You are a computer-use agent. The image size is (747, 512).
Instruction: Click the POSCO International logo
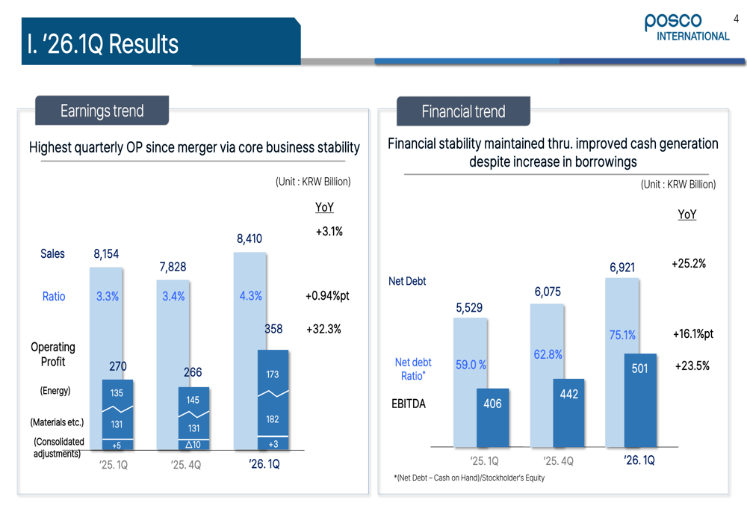click(x=686, y=28)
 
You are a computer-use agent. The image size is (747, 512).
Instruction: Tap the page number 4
click(x=737, y=19)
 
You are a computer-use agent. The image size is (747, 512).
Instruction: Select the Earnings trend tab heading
click(x=102, y=111)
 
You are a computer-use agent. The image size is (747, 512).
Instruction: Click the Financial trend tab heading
click(x=463, y=112)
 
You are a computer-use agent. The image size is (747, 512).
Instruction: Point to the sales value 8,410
click(x=249, y=239)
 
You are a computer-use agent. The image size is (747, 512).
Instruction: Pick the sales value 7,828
click(x=173, y=267)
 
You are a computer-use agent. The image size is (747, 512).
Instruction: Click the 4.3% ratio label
click(x=250, y=296)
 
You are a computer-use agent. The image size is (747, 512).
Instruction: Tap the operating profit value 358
click(x=273, y=329)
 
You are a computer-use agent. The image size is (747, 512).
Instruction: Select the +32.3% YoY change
click(x=323, y=329)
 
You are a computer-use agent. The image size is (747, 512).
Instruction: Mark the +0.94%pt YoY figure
click(x=327, y=296)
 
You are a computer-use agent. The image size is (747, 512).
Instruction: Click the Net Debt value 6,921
click(x=622, y=267)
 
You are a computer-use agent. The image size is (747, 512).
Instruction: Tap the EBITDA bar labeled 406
click(x=492, y=404)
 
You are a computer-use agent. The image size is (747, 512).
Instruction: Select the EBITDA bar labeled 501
click(x=639, y=368)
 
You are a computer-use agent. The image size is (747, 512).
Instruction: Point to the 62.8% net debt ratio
click(x=548, y=354)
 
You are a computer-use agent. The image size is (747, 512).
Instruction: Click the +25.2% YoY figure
click(x=689, y=264)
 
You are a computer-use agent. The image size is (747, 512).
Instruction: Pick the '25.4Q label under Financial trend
click(x=559, y=461)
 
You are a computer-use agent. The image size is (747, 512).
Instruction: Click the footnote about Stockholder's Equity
click(x=469, y=478)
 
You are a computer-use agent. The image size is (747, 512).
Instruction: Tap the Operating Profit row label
click(x=52, y=354)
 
